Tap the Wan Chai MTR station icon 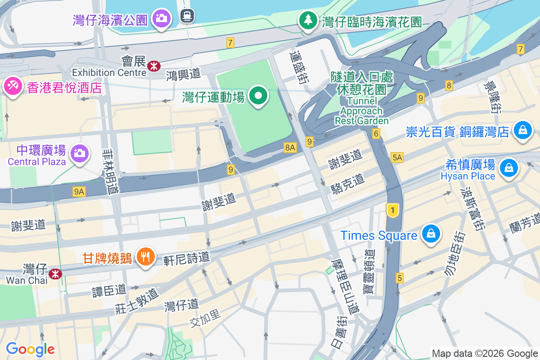(x=55, y=273)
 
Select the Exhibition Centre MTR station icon (x=153, y=66)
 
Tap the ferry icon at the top (x=186, y=16)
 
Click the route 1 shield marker (x=393, y=210)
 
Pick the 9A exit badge (x=79, y=192)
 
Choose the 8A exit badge (x=290, y=147)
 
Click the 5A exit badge (x=397, y=157)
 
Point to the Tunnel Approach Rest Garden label (x=361, y=111)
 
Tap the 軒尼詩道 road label (x=187, y=257)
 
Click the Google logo (x=30, y=349)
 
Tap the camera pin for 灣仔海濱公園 (x=161, y=18)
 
